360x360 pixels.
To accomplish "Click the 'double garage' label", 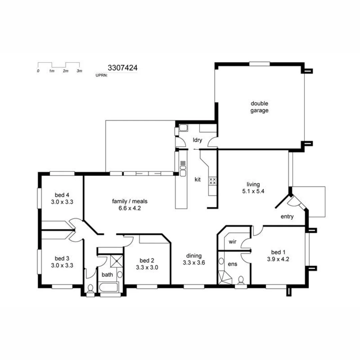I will tap(259, 107).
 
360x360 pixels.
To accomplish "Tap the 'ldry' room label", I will tap(197, 140).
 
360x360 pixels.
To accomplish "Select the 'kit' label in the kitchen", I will tap(198, 179).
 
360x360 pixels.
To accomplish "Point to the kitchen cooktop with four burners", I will tap(212, 181).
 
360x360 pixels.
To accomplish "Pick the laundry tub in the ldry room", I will tap(183, 128).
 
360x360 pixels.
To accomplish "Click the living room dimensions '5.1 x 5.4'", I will tap(253, 191).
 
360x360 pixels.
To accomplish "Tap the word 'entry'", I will tap(287, 217).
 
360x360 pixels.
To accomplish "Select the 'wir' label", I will tap(232, 242).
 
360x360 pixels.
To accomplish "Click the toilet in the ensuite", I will tap(241, 281).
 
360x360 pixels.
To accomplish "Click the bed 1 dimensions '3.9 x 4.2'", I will tap(277, 258).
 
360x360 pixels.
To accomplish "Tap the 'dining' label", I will tap(194, 256).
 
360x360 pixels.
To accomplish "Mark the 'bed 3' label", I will tap(62, 258).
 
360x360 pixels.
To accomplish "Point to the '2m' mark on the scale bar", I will tap(65, 71).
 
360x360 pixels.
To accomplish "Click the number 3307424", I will tap(122, 68).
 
